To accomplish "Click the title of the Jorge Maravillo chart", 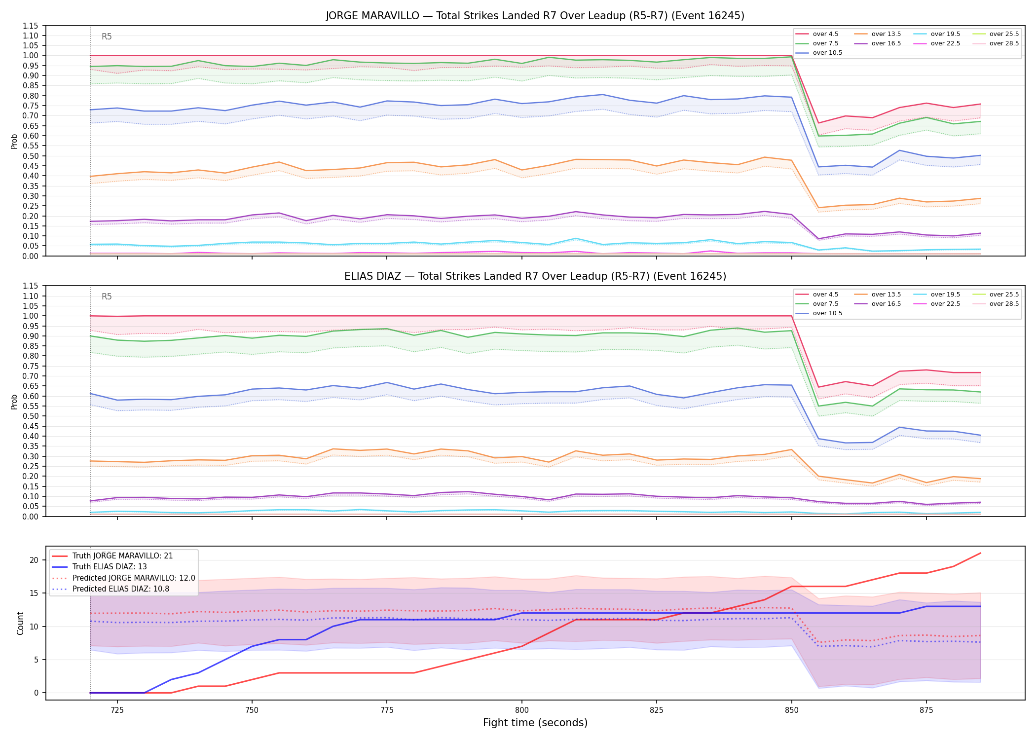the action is pyautogui.click(x=535, y=16).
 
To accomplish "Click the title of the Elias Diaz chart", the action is pyautogui.click(x=535, y=276).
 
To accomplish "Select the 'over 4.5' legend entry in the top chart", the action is pyautogui.click(x=817, y=34).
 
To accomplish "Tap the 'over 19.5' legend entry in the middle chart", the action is pyautogui.click(x=937, y=295).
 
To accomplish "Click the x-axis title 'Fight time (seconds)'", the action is pyautogui.click(x=535, y=723).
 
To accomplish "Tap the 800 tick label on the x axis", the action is pyautogui.click(x=521, y=710).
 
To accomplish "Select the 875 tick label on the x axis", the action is pyautogui.click(x=926, y=710).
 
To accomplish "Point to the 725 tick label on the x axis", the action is pyautogui.click(x=117, y=710).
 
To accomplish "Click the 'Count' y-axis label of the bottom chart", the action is pyautogui.click(x=20, y=623).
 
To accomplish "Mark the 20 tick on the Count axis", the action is pyautogui.click(x=34, y=560).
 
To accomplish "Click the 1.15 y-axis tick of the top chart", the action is pyautogui.click(x=30, y=26).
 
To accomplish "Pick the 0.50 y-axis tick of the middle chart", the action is pyautogui.click(x=30, y=416).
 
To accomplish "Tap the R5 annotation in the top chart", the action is pyautogui.click(x=107, y=37).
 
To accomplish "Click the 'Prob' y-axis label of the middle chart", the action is pyautogui.click(x=14, y=402).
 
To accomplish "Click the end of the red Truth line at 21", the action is pyautogui.click(x=980, y=553).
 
